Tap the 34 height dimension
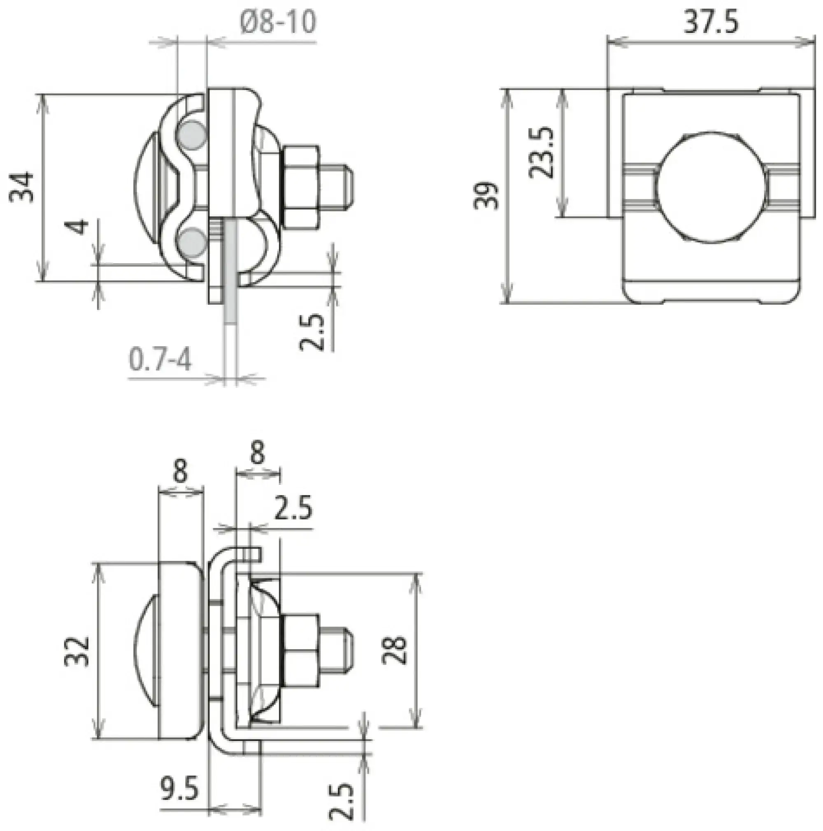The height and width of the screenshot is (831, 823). tap(21, 187)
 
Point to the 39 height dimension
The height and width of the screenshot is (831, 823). tap(486, 196)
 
